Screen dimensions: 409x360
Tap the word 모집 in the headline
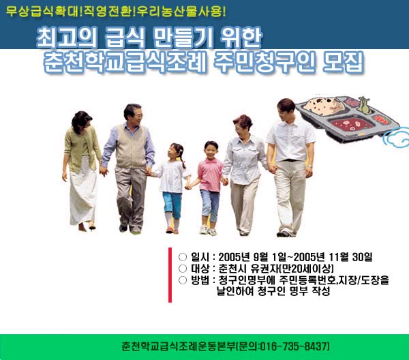pyautogui.click(x=343, y=63)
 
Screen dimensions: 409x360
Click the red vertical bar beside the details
pyautogui.click(x=170, y=275)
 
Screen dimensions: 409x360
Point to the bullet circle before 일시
pyautogui.click(x=183, y=257)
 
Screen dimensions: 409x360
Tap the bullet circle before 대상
pyautogui.click(x=183, y=269)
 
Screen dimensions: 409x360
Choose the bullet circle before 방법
pyautogui.click(x=183, y=280)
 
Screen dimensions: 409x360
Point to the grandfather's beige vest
pyautogui.click(x=131, y=147)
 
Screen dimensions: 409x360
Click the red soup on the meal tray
pyautogui.click(x=351, y=123)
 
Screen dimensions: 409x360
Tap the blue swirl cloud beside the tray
pyautogui.click(x=396, y=138)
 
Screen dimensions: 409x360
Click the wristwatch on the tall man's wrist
pyautogui.click(x=309, y=166)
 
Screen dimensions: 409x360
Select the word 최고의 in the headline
pyautogui.click(x=66, y=37)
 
